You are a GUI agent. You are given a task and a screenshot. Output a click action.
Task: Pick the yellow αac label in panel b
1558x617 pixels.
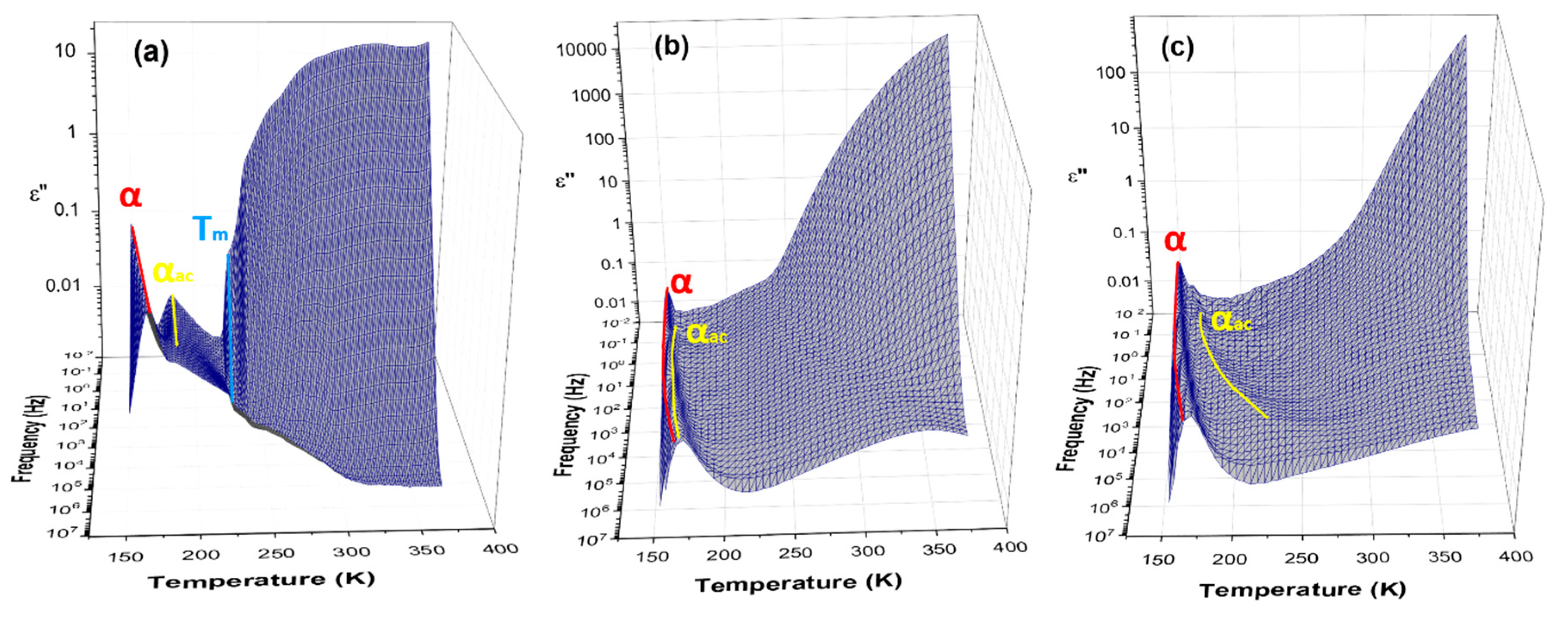[x=706, y=334]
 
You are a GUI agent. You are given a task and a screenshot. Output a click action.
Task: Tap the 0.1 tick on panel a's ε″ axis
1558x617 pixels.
[x=67, y=210]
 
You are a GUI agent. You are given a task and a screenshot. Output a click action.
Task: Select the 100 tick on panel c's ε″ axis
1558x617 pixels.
[x=1111, y=72]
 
